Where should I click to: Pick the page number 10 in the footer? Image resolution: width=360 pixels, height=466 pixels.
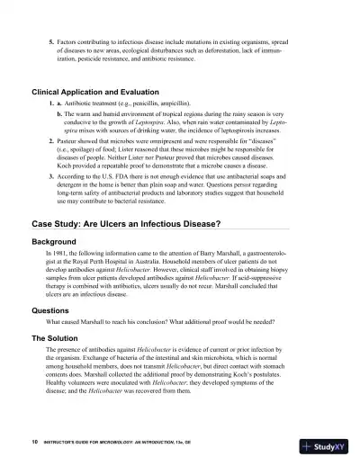pyautogui.click(x=33, y=443)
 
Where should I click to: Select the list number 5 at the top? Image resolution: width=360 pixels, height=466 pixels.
pyautogui.click(x=50, y=43)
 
